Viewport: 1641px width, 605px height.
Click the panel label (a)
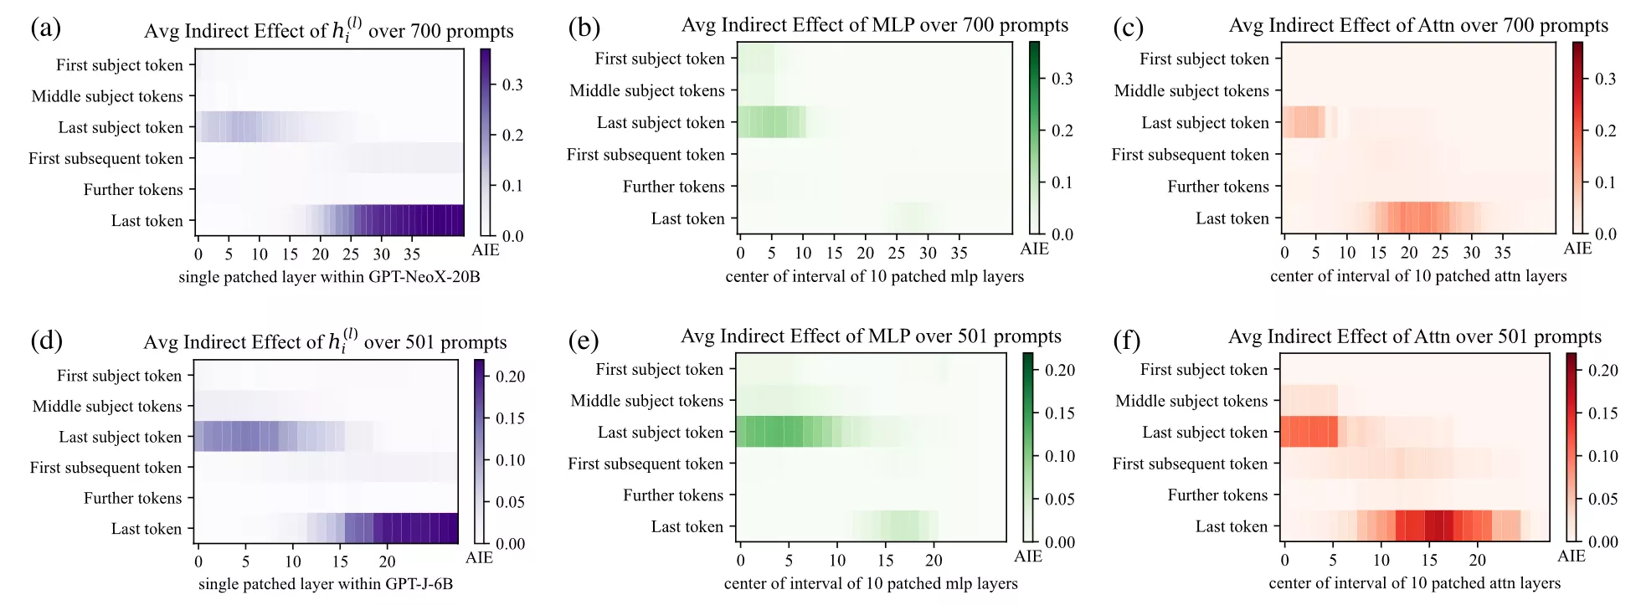click(x=45, y=28)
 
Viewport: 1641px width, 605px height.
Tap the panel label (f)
click(x=1127, y=340)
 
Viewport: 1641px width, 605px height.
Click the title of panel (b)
click(x=874, y=25)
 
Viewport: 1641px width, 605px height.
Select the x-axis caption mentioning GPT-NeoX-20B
click(x=329, y=277)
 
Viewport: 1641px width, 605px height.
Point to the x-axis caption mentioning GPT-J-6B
click(x=326, y=584)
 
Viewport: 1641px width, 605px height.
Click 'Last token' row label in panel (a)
click(x=147, y=221)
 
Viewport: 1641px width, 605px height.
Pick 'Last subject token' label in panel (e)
click(x=660, y=433)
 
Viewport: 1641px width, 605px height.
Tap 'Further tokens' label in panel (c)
click(x=1217, y=187)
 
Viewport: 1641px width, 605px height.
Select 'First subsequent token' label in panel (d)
click(x=105, y=468)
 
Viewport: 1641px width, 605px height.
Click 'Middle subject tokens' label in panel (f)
click(x=1191, y=401)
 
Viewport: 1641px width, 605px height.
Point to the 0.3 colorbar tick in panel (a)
click(x=512, y=85)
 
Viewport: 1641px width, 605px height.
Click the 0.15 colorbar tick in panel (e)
click(x=1059, y=413)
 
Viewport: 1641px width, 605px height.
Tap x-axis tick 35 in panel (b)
click(x=959, y=253)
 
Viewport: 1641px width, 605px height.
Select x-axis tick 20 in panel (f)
click(x=1478, y=560)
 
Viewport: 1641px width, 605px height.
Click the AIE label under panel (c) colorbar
click(x=1577, y=249)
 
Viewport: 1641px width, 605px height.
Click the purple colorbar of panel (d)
click(x=480, y=452)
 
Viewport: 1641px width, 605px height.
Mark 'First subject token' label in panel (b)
click(x=659, y=59)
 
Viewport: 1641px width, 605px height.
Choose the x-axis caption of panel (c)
click(x=1417, y=276)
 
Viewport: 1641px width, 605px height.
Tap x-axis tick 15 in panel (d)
click(x=340, y=561)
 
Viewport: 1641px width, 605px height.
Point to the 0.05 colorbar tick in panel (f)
click(x=1602, y=499)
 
